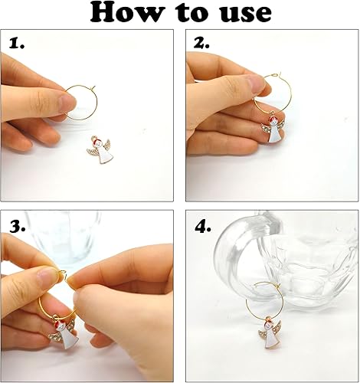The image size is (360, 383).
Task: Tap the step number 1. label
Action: (18, 44)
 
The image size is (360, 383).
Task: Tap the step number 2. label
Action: (201, 44)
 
